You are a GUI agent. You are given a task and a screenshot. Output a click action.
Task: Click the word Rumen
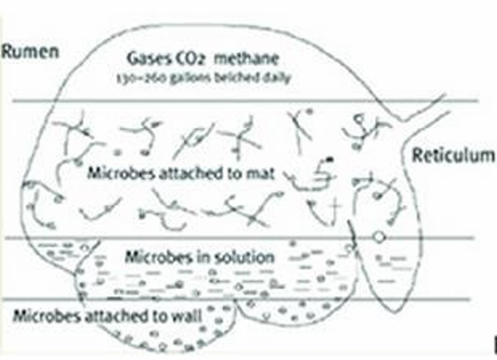(x=31, y=52)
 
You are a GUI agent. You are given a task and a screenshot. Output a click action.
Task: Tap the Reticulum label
(x=454, y=155)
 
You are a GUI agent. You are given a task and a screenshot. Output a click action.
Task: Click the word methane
(x=246, y=59)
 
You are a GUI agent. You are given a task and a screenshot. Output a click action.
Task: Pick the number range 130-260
(x=142, y=79)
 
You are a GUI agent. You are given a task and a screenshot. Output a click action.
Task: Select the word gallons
(x=190, y=79)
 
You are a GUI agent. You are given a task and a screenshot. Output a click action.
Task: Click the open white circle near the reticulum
(x=379, y=236)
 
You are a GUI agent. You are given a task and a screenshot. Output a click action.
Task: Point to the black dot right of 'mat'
(x=330, y=159)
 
